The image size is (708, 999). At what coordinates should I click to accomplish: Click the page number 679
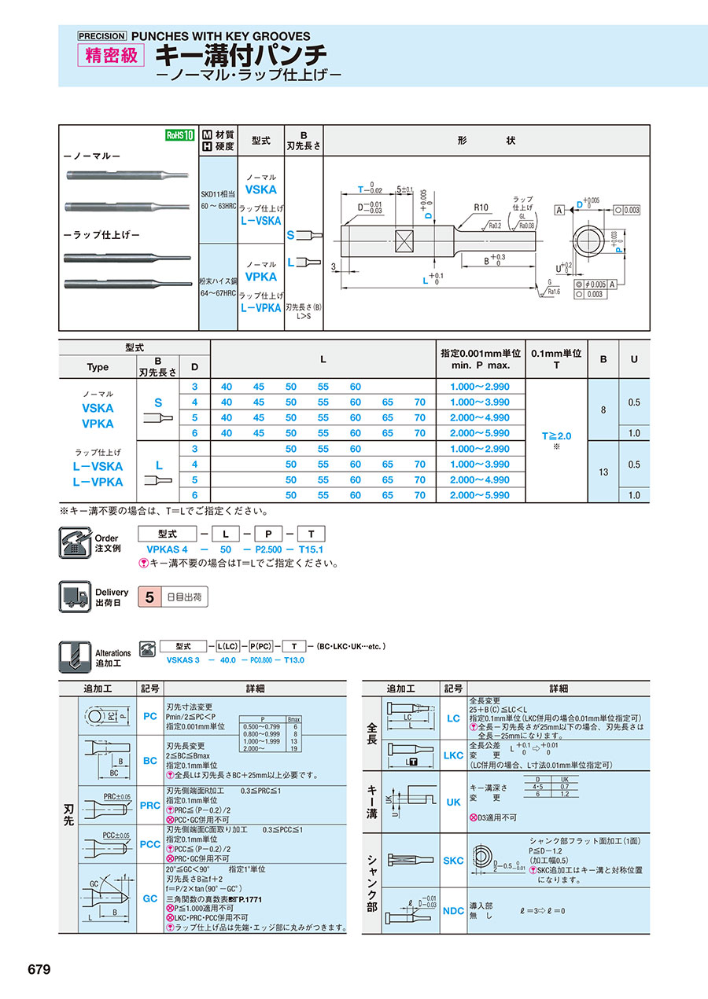coord(39,969)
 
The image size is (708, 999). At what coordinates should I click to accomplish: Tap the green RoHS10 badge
coord(179,135)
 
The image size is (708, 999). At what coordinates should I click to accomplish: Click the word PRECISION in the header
coord(101,36)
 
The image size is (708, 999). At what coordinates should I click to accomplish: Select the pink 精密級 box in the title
coord(111,56)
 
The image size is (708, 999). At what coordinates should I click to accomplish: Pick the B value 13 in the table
coord(603,472)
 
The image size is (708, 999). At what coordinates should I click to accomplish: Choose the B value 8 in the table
coord(603,410)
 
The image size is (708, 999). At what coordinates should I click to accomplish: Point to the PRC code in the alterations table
coord(150,806)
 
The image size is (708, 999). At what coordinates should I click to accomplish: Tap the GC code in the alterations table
coord(150,898)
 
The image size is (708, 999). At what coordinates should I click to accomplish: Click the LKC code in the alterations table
coord(454,755)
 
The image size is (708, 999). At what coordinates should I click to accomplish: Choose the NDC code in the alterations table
coord(454,911)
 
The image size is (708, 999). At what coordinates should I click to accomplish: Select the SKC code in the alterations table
coord(454,861)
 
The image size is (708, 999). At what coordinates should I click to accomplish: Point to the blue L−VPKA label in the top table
coord(260,308)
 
